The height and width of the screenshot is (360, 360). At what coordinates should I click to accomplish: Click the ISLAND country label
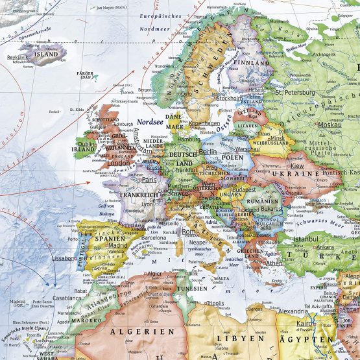click(x=46, y=55)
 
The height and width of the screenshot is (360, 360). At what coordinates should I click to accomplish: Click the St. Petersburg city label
click(x=295, y=91)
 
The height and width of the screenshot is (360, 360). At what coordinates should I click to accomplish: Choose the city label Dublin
click(x=87, y=144)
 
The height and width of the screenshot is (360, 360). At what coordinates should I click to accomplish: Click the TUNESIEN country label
click(x=189, y=287)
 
